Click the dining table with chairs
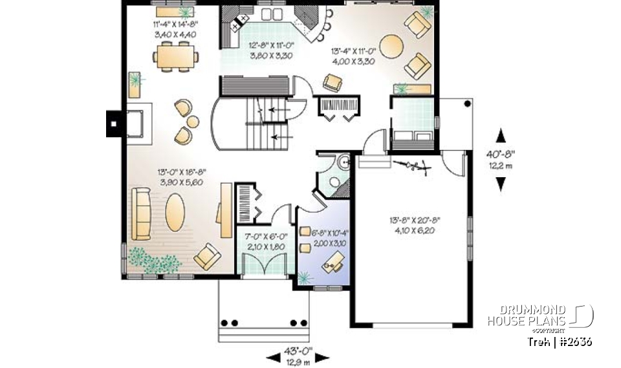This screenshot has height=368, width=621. [175, 55]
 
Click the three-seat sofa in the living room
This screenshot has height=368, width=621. [140, 213]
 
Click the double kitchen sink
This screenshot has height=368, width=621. [272, 14]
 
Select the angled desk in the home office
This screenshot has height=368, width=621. [335, 261]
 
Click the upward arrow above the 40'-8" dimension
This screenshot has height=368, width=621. [500, 136]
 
